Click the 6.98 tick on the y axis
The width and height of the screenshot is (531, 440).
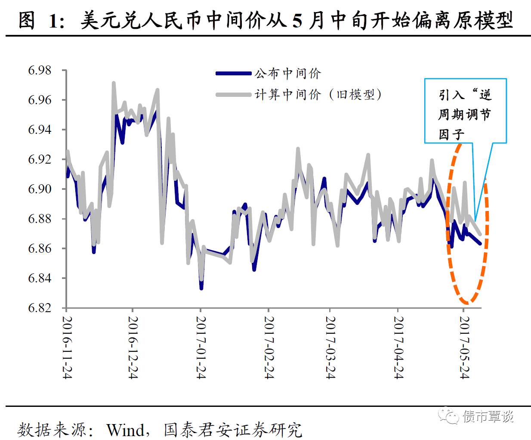[x=40, y=70]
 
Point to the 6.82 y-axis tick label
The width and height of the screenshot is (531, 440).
[x=40, y=308]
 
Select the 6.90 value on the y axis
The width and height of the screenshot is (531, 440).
[x=40, y=189]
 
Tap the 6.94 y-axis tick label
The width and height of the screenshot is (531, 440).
[x=40, y=130]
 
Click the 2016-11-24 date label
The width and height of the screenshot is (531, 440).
[x=67, y=347]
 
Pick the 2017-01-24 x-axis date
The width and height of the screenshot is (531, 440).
[x=201, y=347]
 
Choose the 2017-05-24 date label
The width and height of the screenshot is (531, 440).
[x=464, y=347]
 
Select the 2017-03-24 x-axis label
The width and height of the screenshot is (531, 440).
[x=330, y=347]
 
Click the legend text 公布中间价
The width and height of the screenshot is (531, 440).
[x=287, y=74]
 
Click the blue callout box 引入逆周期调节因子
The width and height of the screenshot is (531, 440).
[x=465, y=111]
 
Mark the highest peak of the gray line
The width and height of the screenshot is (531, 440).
[x=114, y=83]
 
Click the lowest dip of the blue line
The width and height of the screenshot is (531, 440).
[x=201, y=288]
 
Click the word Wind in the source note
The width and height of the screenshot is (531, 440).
[x=126, y=430]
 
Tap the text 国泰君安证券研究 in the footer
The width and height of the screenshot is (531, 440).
[x=233, y=430]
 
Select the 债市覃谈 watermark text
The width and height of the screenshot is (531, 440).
[x=488, y=416]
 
